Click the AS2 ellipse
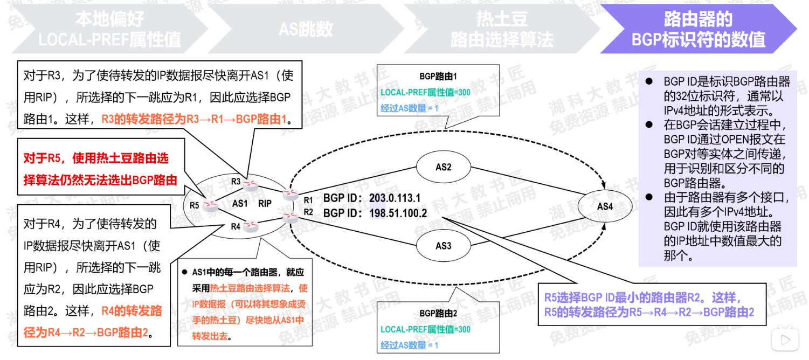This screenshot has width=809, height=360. click(443, 167)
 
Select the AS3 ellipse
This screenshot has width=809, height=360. click(443, 246)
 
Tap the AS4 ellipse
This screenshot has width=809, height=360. click(605, 206)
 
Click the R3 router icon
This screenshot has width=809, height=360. click(250, 185)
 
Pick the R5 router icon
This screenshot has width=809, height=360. click(210, 205)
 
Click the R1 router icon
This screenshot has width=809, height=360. click(290, 194)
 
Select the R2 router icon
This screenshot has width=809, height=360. click(290, 217)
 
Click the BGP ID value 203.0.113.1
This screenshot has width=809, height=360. click(395, 198)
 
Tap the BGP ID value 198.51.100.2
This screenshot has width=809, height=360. click(398, 213)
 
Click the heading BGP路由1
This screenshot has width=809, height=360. click(438, 77)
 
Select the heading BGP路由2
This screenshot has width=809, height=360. click(438, 313)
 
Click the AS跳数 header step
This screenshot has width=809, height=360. click(306, 29)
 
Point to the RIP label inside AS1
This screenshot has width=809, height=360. click(265, 204)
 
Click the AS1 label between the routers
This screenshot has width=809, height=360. click(239, 204)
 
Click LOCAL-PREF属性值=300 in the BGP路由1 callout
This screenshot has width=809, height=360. click(425, 92)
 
